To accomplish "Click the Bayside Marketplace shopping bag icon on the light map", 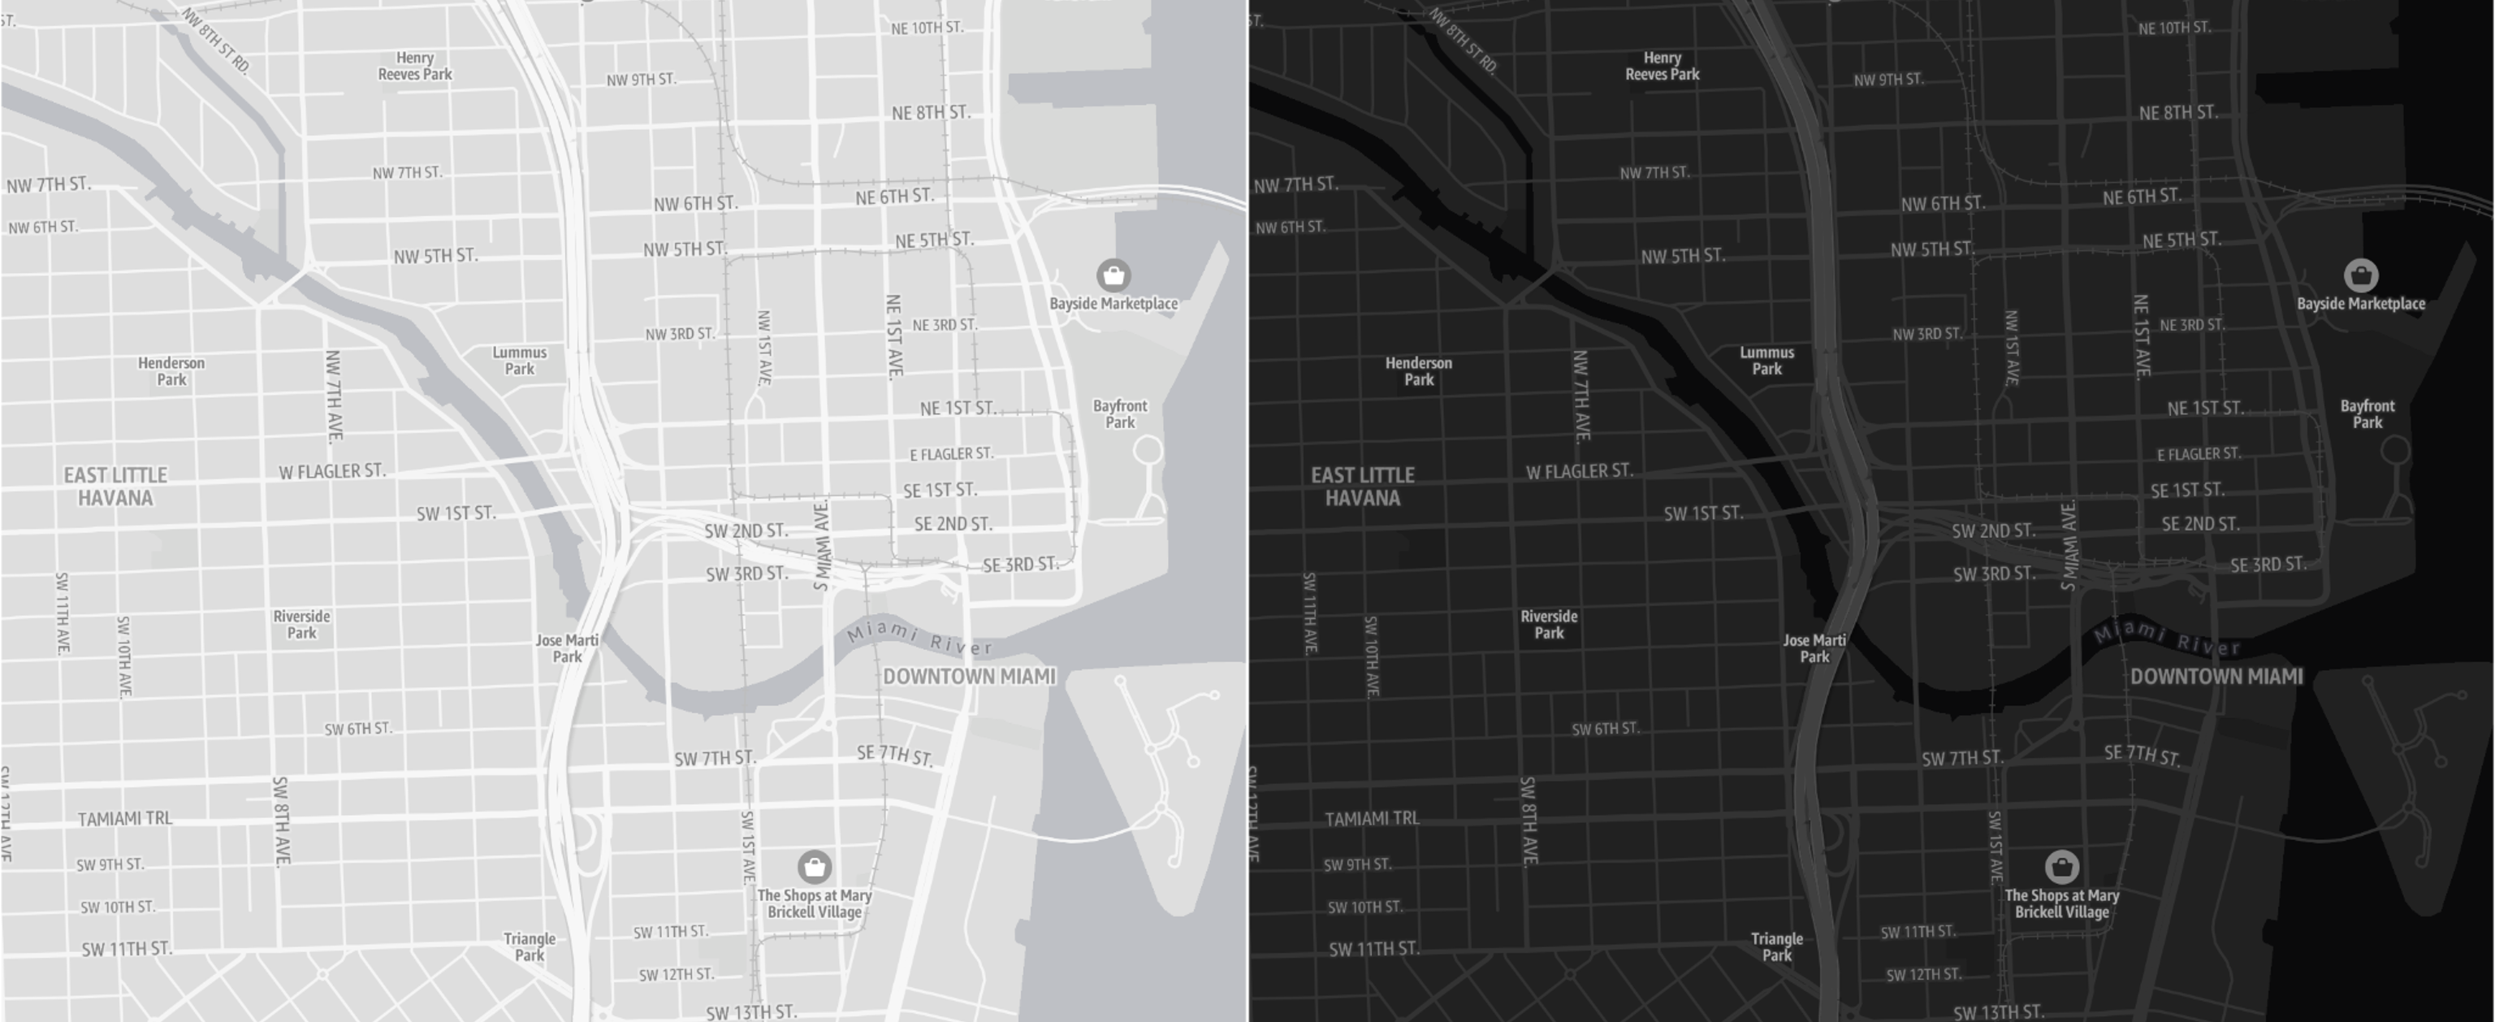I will pyautogui.click(x=1113, y=275).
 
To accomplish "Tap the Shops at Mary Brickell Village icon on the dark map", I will pyautogui.click(x=2061, y=866).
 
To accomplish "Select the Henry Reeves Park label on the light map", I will pyautogui.click(x=414, y=66).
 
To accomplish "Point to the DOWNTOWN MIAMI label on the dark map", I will pyautogui.click(x=2216, y=676).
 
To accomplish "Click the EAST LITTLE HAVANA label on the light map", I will pyautogui.click(x=115, y=487).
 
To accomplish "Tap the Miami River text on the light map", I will pyautogui.click(x=919, y=639).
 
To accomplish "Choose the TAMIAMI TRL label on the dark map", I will pyautogui.click(x=1372, y=819).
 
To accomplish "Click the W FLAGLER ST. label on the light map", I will pyautogui.click(x=332, y=472).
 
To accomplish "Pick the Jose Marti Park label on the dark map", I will pyautogui.click(x=1814, y=648).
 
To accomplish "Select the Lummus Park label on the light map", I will pyautogui.click(x=519, y=361).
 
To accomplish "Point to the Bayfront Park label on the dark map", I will pyautogui.click(x=2367, y=414).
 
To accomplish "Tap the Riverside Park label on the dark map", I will pyautogui.click(x=1549, y=624).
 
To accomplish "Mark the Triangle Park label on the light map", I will pyautogui.click(x=530, y=946).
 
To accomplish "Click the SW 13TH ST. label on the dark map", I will pyautogui.click(x=1998, y=1012).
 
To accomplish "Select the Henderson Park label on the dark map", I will pyautogui.click(x=1418, y=371).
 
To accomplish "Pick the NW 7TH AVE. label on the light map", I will pyautogui.click(x=334, y=396).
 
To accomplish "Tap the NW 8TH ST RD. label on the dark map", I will pyautogui.click(x=1463, y=41).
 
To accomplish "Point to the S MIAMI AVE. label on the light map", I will pyautogui.click(x=821, y=544).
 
